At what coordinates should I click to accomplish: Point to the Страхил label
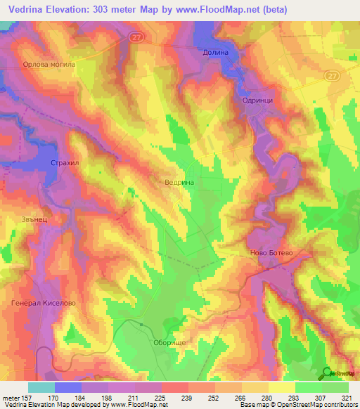click(x=64, y=163)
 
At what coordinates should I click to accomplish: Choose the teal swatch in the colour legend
click(x=41, y=387)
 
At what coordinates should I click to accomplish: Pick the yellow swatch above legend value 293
click(x=281, y=387)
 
